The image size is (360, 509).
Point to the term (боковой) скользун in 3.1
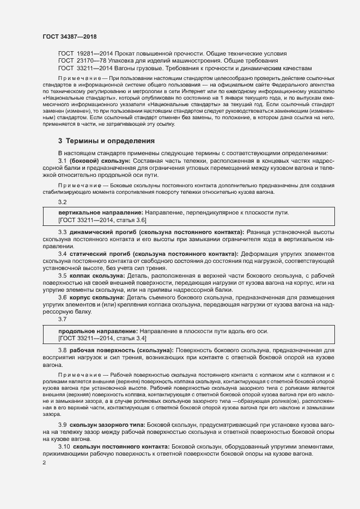(x=100, y=161)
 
